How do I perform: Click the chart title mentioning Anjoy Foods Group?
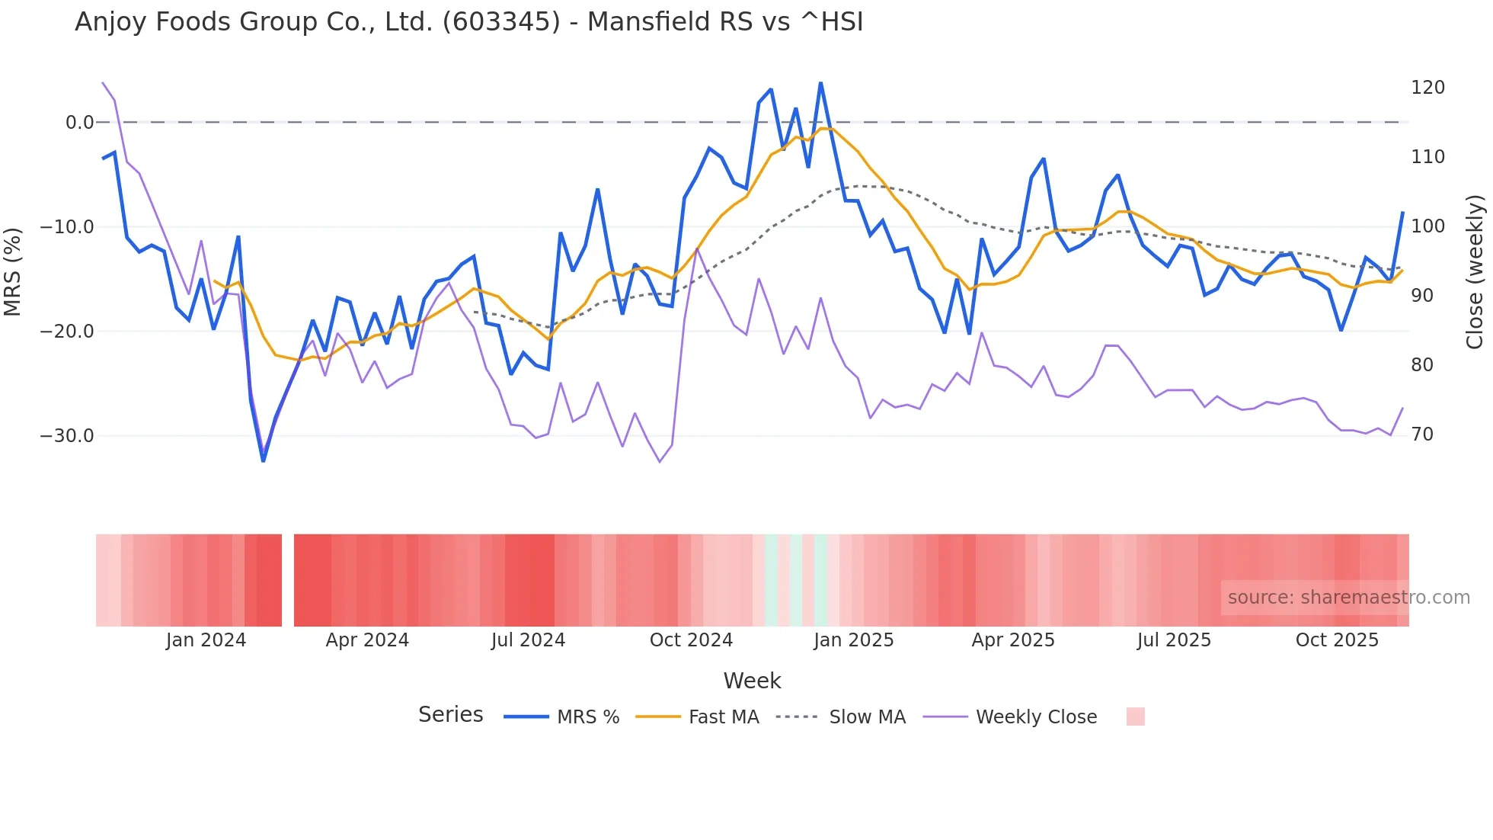coord(468,22)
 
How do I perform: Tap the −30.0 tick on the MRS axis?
coord(67,436)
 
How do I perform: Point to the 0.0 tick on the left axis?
coord(79,123)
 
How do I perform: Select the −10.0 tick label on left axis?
coord(67,227)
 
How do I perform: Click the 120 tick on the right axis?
coord(1427,88)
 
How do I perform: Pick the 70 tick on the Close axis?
coord(1421,434)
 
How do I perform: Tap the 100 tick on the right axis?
coord(1427,226)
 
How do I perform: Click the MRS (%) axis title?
coord(13,271)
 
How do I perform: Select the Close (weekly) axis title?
coord(1475,271)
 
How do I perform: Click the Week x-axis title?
coord(752,681)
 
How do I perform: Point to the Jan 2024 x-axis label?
coord(206,640)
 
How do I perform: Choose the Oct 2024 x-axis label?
coord(691,640)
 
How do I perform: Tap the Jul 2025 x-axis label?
coord(1174,640)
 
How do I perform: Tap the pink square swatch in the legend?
coord(1135,717)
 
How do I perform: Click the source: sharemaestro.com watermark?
coord(1348,598)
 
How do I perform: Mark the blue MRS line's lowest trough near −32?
coord(264,460)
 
